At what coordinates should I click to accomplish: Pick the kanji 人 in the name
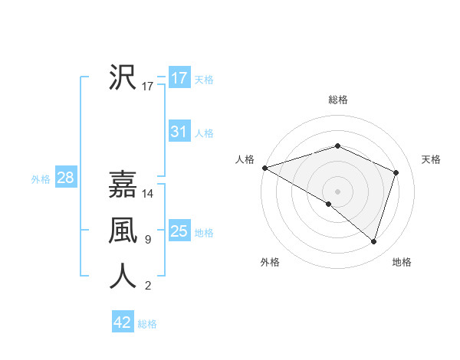pyautogui.click(x=123, y=276)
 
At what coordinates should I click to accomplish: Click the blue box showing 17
pyautogui.click(x=179, y=78)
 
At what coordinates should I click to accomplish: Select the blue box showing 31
pyautogui.click(x=179, y=132)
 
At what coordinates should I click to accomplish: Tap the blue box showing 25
pyautogui.click(x=179, y=231)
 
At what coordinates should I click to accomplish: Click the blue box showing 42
pyautogui.click(x=122, y=322)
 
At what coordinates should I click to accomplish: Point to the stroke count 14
pyautogui.click(x=149, y=194)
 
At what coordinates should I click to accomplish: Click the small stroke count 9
pyautogui.click(x=147, y=240)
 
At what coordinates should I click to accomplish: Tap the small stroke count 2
pyautogui.click(x=147, y=286)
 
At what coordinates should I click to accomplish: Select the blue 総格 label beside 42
pyautogui.click(x=147, y=324)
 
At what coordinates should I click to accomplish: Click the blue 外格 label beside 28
pyautogui.click(x=41, y=179)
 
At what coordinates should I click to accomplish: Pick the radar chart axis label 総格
pyautogui.click(x=337, y=100)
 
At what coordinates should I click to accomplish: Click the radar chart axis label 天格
pyautogui.click(x=431, y=159)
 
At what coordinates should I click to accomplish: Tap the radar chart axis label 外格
pyautogui.click(x=270, y=262)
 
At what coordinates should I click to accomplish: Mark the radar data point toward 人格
pyautogui.click(x=264, y=168)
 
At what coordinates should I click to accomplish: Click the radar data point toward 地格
pyautogui.click(x=373, y=242)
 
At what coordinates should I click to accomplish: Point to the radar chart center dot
pyautogui.click(x=337, y=191)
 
